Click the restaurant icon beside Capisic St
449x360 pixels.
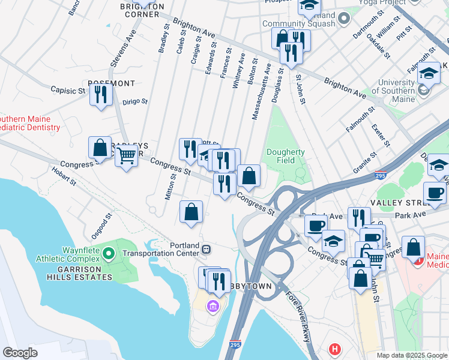coord(100,95)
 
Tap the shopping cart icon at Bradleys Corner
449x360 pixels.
coord(126,155)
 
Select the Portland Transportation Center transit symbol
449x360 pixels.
coord(206,248)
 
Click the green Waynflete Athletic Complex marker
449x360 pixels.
coord(108,254)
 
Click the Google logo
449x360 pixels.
coord(20,352)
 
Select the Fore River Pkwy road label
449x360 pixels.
coord(298,314)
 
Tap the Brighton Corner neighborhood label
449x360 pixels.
coord(142,10)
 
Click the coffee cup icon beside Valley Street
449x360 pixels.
coord(435,193)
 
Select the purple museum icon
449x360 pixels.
coord(212,307)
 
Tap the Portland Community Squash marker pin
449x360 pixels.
coord(344,19)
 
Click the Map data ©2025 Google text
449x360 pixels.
coord(411,355)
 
